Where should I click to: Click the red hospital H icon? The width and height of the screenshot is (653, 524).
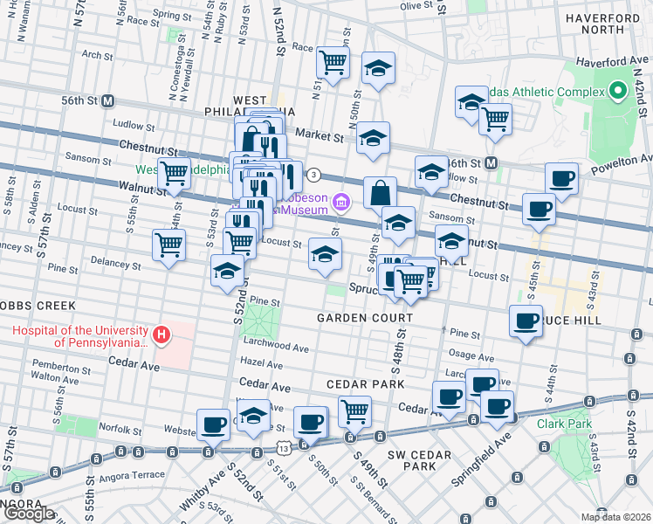click(x=161, y=334)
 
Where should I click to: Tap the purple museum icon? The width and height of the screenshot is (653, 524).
click(x=341, y=203)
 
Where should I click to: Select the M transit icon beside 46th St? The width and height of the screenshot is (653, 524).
click(x=491, y=162)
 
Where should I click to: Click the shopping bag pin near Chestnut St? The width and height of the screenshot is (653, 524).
click(x=381, y=193)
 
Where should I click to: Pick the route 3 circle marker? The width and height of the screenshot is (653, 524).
click(x=313, y=174)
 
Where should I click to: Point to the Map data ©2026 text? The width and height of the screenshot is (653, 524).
click(x=617, y=517)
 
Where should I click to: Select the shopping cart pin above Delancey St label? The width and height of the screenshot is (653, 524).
click(x=168, y=245)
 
